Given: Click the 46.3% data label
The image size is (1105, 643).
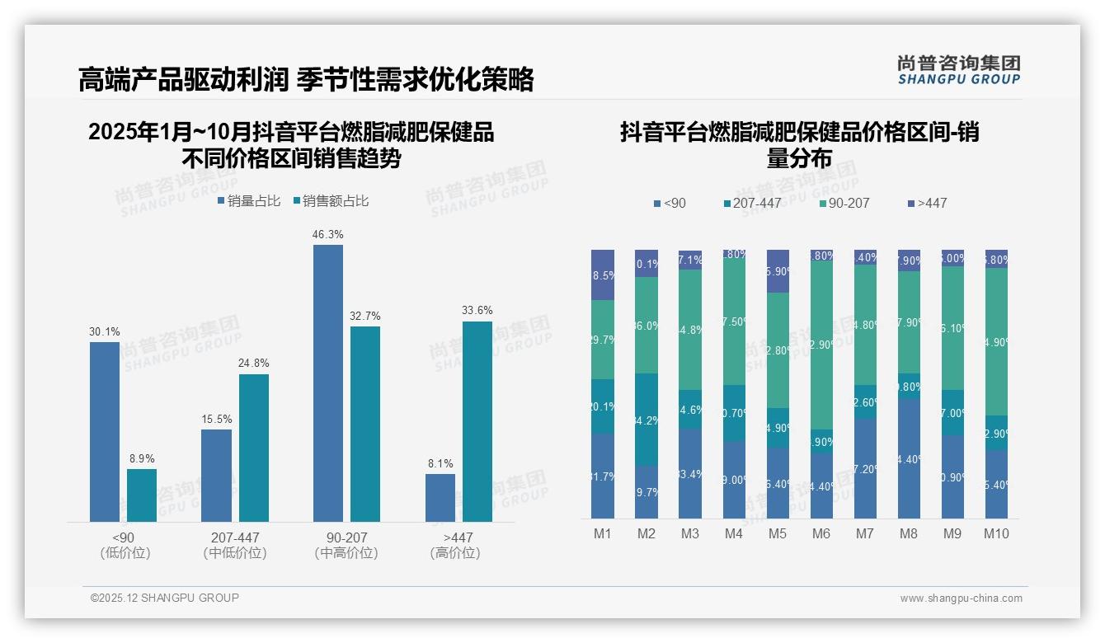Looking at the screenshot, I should point(327,235).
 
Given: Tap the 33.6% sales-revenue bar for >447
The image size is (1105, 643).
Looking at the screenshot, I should point(477,421).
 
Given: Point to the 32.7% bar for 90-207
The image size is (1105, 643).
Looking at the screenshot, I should point(365,424).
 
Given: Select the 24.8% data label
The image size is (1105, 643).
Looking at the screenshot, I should point(254,364).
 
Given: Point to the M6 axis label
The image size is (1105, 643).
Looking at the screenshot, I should point(821,534).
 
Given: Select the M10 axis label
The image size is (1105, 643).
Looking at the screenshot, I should point(996,534).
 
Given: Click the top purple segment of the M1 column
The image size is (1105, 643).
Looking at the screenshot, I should point(603,275).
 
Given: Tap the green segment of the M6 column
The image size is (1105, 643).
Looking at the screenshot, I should point(821,345).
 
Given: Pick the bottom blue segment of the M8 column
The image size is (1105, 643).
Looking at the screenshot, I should point(909,458).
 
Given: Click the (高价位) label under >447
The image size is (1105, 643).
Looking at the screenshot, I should point(454,553).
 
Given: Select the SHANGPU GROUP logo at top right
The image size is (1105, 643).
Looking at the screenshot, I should point(958,70).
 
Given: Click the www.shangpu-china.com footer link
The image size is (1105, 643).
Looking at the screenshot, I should point(961,598).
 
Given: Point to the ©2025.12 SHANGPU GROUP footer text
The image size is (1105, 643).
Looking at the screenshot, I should point(165,598).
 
